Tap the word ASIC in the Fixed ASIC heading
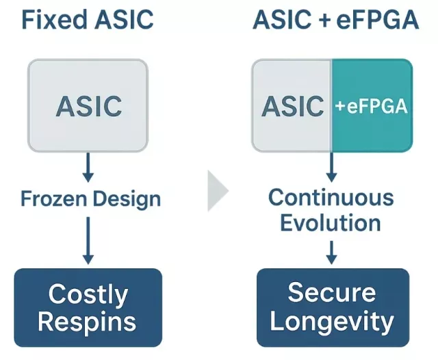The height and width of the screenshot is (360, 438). click(x=121, y=21)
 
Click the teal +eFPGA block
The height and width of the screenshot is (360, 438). click(x=372, y=105)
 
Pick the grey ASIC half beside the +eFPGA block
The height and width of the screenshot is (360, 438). click(x=292, y=105)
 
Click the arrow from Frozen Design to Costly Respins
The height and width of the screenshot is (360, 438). click(x=88, y=239)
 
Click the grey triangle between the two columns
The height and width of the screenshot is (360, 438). click(x=218, y=190)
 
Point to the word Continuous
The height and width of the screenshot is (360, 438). click(x=331, y=198)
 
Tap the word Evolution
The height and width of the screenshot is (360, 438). click(x=331, y=222)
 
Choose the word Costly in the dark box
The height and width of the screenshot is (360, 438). click(x=88, y=295)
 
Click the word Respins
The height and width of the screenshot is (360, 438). click(x=88, y=321)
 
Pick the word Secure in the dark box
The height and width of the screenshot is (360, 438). click(x=332, y=292)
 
